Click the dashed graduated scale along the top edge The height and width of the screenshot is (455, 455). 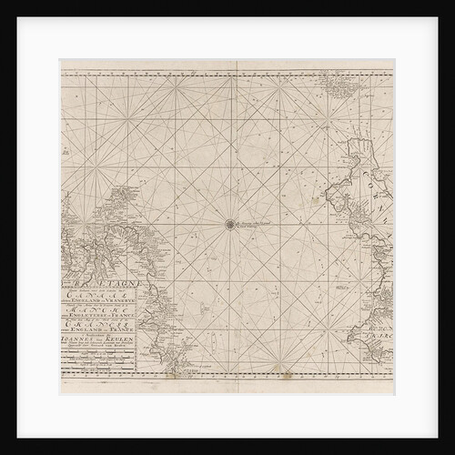(227, 64)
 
